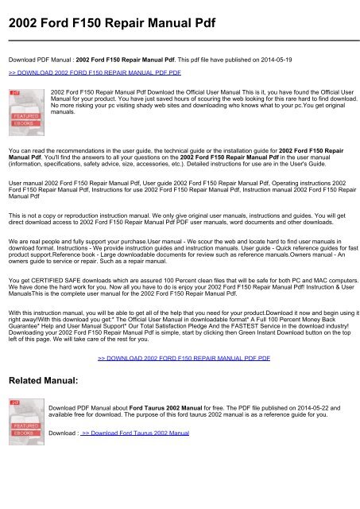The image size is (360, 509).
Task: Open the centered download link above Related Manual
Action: [184, 359]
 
